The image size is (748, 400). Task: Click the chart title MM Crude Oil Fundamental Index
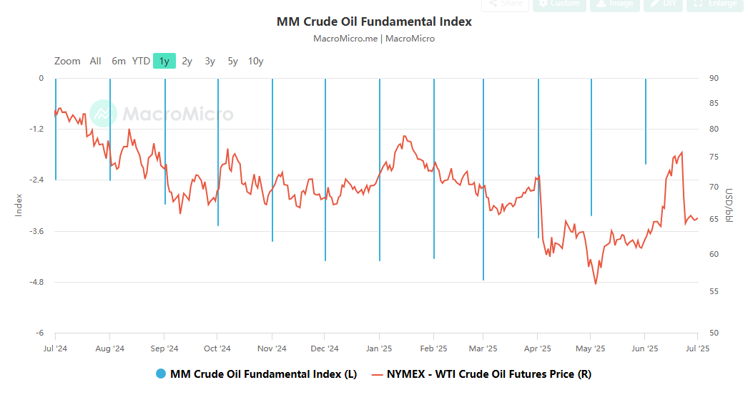(x=374, y=21)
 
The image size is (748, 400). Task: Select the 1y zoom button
(x=164, y=61)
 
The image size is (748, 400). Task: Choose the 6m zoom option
(x=119, y=61)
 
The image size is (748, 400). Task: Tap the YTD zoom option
(x=141, y=61)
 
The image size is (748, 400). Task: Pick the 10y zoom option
(x=255, y=61)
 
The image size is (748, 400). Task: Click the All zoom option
(x=96, y=61)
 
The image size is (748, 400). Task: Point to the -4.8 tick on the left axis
(x=36, y=282)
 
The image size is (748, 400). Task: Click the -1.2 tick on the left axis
(x=36, y=129)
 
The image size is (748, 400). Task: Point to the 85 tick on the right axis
(x=713, y=104)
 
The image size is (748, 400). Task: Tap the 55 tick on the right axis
(x=713, y=291)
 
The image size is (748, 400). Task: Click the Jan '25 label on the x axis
(x=378, y=348)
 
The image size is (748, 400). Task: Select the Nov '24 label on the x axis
(x=272, y=348)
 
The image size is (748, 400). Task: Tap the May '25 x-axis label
(x=591, y=348)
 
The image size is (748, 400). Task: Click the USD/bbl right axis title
(x=729, y=205)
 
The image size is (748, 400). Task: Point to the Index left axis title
(x=19, y=205)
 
